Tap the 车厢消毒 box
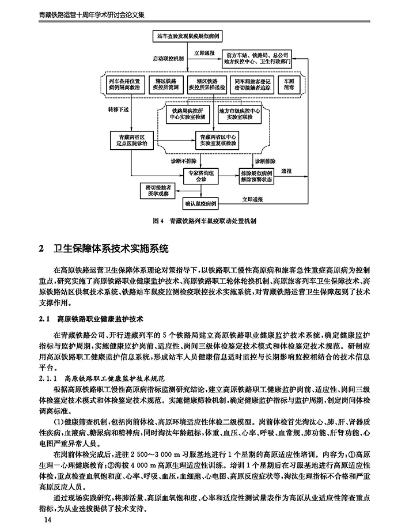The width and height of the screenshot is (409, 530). (x=286, y=85)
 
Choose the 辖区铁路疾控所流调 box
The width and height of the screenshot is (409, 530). (x=165, y=85)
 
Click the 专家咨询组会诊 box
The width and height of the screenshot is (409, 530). (x=200, y=175)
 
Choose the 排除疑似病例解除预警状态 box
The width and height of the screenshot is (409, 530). (x=256, y=175)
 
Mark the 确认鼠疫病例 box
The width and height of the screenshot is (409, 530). (x=199, y=203)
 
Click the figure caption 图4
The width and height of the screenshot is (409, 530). (x=204, y=220)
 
